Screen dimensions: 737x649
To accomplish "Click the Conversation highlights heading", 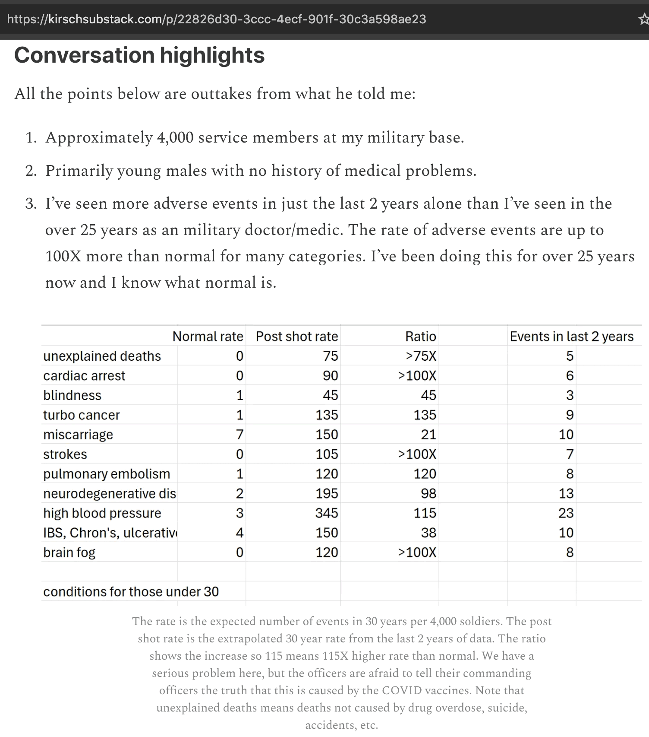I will tap(139, 55).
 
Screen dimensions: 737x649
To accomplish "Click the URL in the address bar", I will tap(217, 19).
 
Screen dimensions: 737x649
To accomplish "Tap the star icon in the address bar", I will tap(643, 19).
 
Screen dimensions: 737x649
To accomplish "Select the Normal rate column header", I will tap(208, 336).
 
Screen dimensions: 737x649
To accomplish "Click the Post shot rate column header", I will tap(297, 336).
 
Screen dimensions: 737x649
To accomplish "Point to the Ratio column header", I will tap(420, 336).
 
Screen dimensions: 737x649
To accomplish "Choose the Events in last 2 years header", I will tap(571, 336).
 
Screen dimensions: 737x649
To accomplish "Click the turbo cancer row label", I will tap(82, 415).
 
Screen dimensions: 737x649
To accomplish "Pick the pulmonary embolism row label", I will tap(107, 473).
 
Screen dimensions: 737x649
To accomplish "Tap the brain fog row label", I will tap(69, 552).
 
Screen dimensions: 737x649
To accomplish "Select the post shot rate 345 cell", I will tap(326, 513).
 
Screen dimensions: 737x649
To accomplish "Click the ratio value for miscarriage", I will tap(428, 434).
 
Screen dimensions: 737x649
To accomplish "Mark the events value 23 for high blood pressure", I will tap(566, 513).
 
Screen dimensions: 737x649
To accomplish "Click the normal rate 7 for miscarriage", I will tap(239, 434).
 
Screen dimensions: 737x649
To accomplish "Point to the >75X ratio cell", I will tap(421, 356).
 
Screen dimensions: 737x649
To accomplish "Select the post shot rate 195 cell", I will tap(326, 493).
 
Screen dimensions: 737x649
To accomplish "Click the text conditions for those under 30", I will tap(131, 591).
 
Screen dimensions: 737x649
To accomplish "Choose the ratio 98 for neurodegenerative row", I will tap(428, 493).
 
